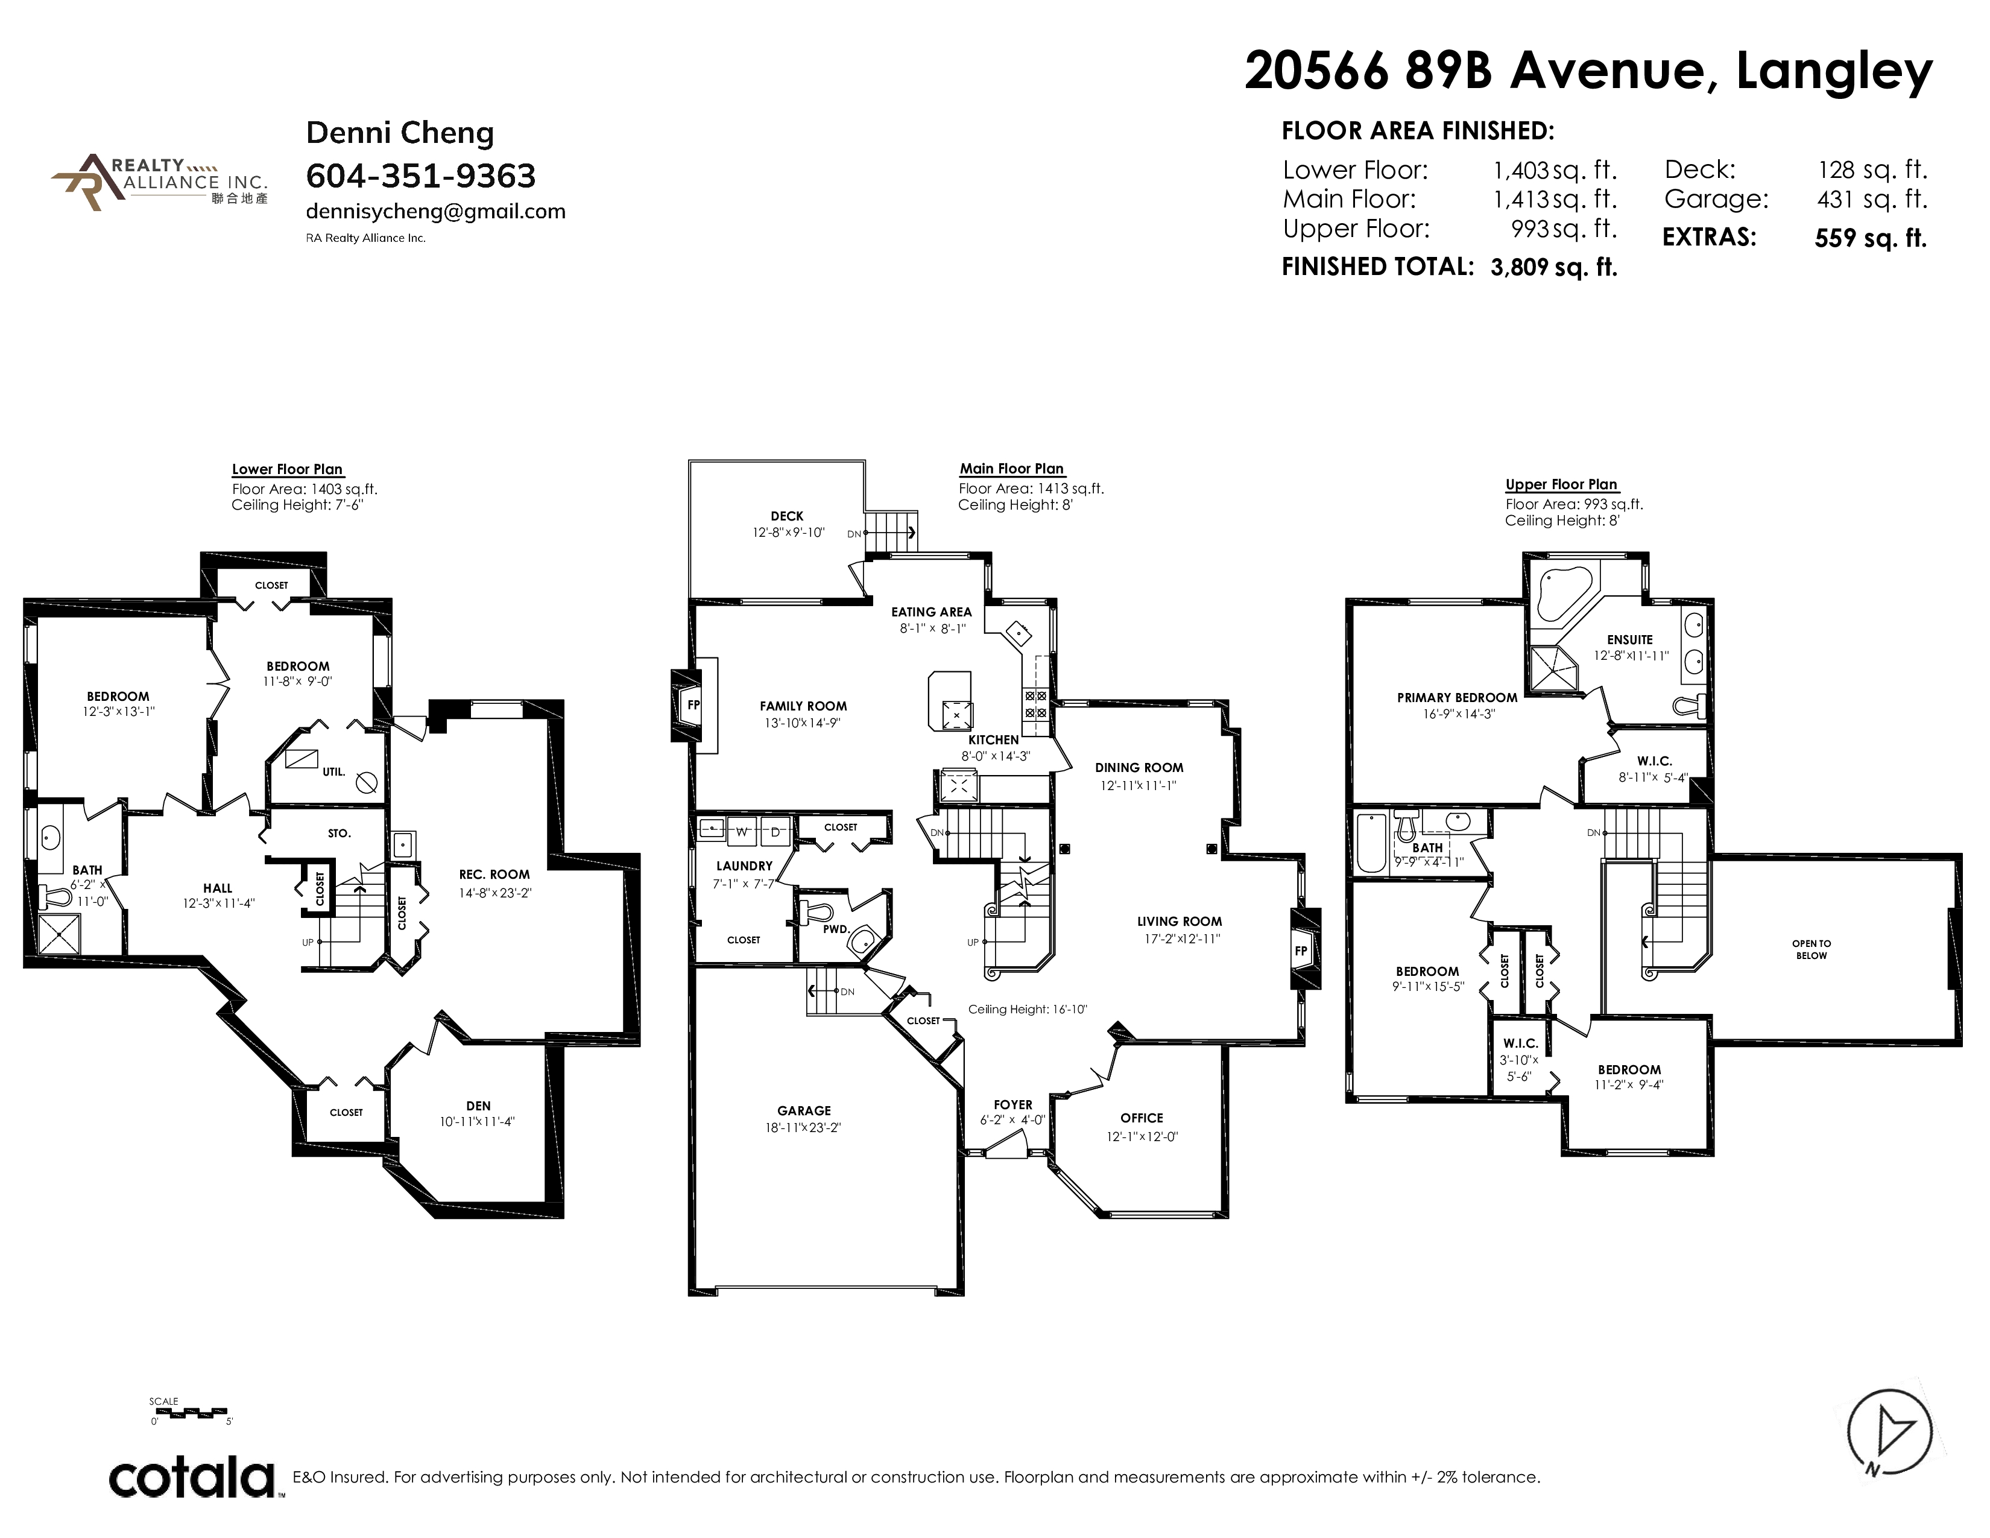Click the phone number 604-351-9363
(421, 175)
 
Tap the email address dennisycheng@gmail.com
(435, 211)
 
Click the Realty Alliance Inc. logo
(159, 182)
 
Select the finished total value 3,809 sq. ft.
(1555, 267)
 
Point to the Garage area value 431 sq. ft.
(1872, 198)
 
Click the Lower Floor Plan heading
(287, 469)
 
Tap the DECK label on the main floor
(787, 516)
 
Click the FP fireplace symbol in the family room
(692, 704)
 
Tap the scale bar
(192, 1413)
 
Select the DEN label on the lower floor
(478, 1105)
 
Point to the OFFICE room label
(1142, 1118)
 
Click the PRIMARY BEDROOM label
(1457, 698)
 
